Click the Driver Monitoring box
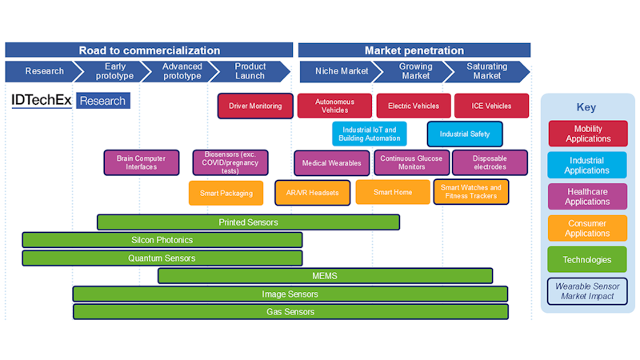(x=254, y=106)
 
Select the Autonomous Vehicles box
(x=334, y=106)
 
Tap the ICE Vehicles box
(x=491, y=106)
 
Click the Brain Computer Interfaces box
(x=141, y=162)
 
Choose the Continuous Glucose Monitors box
(x=411, y=162)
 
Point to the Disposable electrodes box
(x=490, y=162)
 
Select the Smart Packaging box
(x=226, y=193)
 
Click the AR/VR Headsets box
(x=312, y=193)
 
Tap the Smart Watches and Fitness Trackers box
(x=471, y=192)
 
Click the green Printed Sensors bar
(x=248, y=222)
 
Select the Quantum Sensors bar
(x=162, y=258)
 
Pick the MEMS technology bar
(x=325, y=276)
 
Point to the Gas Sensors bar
(x=290, y=311)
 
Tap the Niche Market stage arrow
(x=340, y=71)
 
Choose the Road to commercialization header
(x=149, y=50)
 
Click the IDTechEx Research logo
(x=70, y=101)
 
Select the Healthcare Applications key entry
(x=587, y=197)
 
